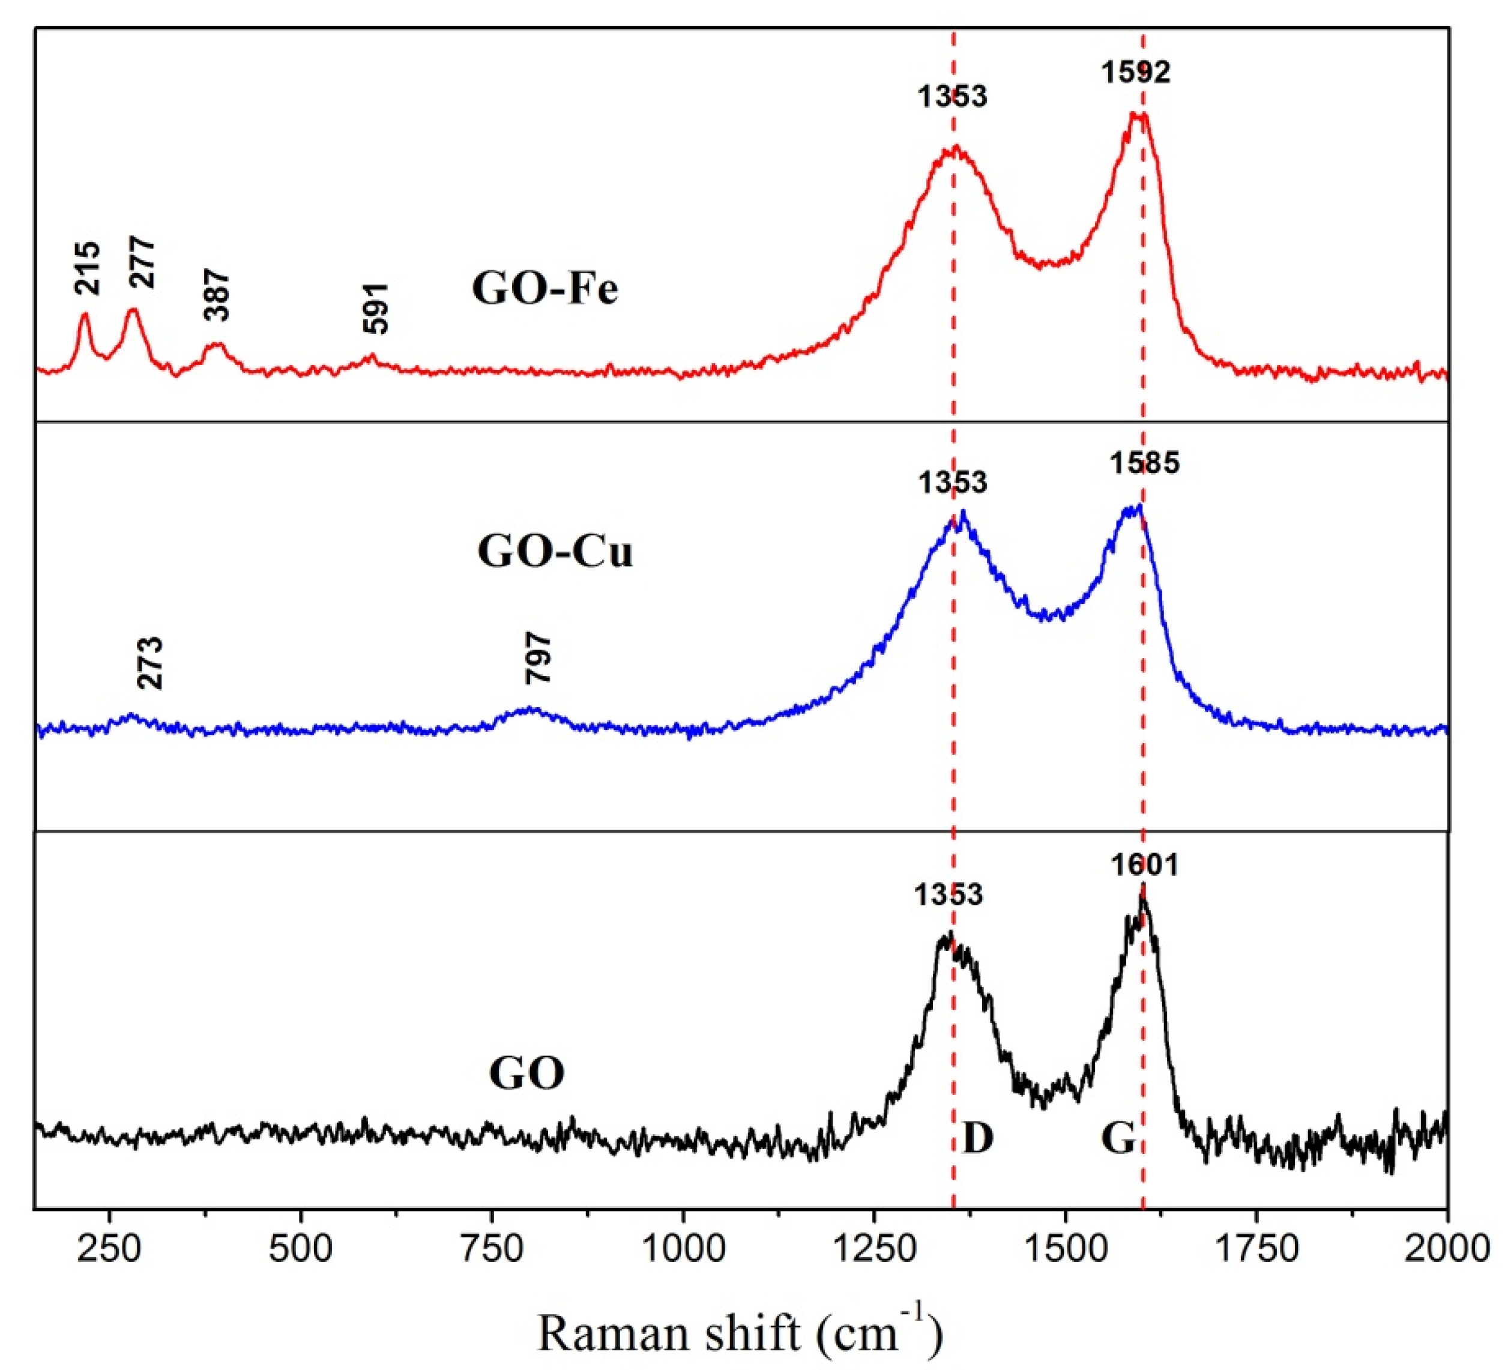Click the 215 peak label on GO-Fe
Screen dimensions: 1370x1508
(87, 267)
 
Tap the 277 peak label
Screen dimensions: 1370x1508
(142, 262)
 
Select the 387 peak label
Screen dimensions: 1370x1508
(218, 297)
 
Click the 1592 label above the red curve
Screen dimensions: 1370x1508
(1135, 72)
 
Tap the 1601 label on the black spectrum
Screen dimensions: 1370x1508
(1144, 866)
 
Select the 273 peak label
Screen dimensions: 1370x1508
(149, 663)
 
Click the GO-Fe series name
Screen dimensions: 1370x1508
(545, 289)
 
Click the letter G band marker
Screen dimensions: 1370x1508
(1118, 1139)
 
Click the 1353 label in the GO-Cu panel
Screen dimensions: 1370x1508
(953, 483)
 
